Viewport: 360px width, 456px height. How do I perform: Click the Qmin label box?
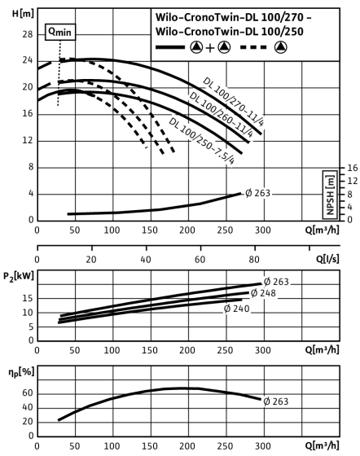click(60, 32)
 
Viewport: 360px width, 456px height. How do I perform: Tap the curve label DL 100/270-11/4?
click(234, 102)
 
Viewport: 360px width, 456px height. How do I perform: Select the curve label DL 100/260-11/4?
click(222, 115)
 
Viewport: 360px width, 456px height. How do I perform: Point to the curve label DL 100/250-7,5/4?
click(201, 141)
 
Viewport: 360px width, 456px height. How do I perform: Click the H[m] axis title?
click(24, 13)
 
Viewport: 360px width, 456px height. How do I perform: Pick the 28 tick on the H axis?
click(28, 34)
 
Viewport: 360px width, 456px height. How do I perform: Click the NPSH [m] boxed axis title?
click(330, 195)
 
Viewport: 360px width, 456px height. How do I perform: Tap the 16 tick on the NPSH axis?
click(352, 168)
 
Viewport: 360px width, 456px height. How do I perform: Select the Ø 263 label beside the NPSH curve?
click(258, 193)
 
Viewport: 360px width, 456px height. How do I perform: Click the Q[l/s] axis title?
click(327, 259)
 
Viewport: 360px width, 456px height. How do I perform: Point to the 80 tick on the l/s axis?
click(254, 259)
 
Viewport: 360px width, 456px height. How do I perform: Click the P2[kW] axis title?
click(19, 276)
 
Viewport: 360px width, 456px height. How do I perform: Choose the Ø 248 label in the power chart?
click(263, 293)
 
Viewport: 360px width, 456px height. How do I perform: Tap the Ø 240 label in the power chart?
click(237, 309)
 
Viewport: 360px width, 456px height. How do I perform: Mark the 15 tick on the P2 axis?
click(28, 298)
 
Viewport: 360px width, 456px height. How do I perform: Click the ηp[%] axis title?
click(21, 372)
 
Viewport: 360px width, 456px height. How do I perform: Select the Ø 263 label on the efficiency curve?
click(276, 401)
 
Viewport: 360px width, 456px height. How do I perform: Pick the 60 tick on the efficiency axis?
click(28, 393)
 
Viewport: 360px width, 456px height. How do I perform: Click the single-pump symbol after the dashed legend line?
click(281, 47)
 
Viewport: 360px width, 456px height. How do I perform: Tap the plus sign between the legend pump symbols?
click(209, 48)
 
